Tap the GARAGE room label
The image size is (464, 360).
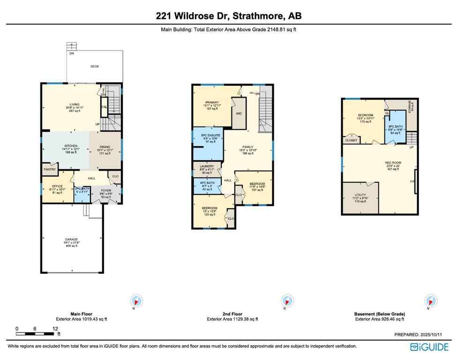tap(72, 239)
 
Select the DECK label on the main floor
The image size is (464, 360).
tap(95, 67)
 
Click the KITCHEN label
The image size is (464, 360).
tap(71, 146)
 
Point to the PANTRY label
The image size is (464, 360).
tap(50, 169)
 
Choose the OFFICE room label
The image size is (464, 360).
tap(57, 186)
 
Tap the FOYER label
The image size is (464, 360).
tap(106, 191)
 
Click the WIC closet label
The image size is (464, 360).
tap(239, 113)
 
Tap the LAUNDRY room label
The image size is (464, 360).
tap(206, 166)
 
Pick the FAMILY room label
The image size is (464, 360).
tap(247, 147)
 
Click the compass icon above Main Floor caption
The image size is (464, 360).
tap(136, 300)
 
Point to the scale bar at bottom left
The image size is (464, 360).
tap(36, 333)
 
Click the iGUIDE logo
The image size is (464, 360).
tap(429, 347)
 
